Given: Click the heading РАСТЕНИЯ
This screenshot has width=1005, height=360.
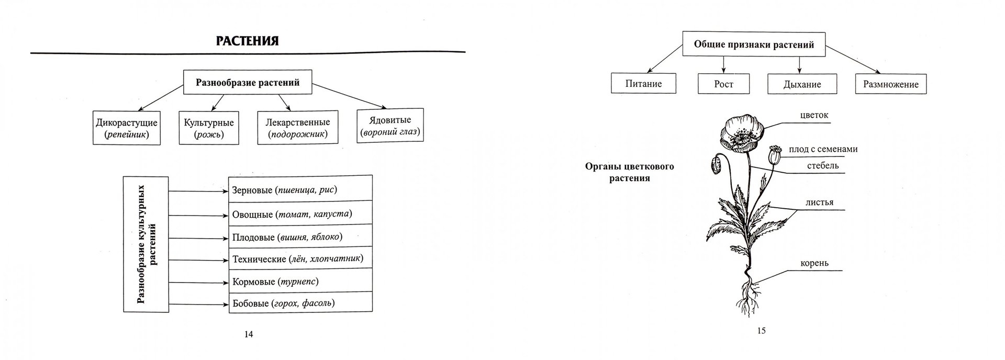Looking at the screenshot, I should pyautogui.click(x=247, y=41).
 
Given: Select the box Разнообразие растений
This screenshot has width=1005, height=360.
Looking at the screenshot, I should pyautogui.click(x=247, y=82).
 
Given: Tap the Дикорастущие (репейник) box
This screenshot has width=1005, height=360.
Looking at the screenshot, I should pyautogui.click(x=127, y=128).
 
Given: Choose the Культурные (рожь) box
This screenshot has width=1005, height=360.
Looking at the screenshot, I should pyautogui.click(x=209, y=128).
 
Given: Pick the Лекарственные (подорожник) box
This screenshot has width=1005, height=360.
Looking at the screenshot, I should pyautogui.click(x=297, y=128).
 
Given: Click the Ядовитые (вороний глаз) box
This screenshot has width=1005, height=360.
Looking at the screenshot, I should pyautogui.click(x=390, y=126).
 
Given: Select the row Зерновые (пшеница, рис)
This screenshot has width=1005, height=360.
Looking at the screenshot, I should pyautogui.click(x=300, y=189).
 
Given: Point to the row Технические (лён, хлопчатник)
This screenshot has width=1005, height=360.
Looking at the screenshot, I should pyautogui.click(x=300, y=258).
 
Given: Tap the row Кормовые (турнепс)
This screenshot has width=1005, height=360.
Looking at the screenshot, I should pyautogui.click(x=300, y=282).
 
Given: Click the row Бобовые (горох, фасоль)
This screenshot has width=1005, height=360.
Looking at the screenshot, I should pyautogui.click(x=300, y=303).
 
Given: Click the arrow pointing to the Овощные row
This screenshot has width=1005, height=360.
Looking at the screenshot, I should pyautogui.click(x=199, y=214).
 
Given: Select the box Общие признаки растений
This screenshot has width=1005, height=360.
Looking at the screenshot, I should pyautogui.click(x=754, y=44).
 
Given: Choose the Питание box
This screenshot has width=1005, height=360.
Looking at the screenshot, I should pyautogui.click(x=643, y=84).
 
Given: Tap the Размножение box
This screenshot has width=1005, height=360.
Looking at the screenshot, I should pyautogui.click(x=890, y=84).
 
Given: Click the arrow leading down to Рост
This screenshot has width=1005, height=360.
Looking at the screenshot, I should pyautogui.click(x=723, y=64).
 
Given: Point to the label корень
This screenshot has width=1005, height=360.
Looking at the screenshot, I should pyautogui.click(x=814, y=263).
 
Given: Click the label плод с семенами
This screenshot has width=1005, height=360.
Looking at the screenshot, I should pyautogui.click(x=823, y=149).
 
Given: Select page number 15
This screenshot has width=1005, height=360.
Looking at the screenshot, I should pyautogui.click(x=761, y=331).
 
